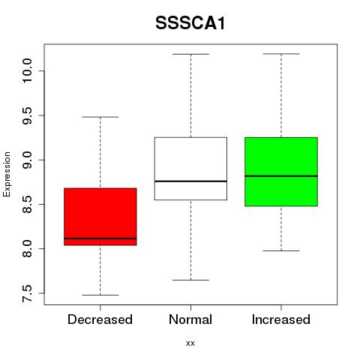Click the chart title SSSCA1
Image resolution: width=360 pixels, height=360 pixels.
point(190,23)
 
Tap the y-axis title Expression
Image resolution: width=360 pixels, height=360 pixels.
point(7,174)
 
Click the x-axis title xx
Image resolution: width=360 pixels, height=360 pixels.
point(190,343)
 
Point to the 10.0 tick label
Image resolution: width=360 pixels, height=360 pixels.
point(27,70)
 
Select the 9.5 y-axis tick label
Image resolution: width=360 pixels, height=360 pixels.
point(27,115)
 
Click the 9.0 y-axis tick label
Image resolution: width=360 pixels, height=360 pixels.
point(27,160)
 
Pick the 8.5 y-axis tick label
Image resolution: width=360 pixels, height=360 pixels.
point(27,204)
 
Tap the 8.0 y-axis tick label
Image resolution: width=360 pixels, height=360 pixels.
point(27,249)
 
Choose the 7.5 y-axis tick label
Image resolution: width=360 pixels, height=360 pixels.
point(27,293)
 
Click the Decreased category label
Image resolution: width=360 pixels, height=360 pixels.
point(100,319)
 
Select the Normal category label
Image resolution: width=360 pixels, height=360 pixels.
point(190,319)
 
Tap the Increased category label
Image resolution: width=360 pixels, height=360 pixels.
point(281,319)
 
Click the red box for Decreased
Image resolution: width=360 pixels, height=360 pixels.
point(100,217)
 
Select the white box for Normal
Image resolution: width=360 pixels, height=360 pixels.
point(190,169)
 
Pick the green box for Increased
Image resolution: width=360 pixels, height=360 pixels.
point(281,172)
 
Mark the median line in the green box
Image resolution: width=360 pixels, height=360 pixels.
point(281,176)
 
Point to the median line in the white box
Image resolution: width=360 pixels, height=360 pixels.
point(190,181)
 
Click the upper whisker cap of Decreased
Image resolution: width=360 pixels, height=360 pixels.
point(100,117)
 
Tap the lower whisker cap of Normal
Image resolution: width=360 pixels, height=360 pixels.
point(190,280)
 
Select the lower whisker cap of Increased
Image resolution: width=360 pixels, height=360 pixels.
point(281,250)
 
